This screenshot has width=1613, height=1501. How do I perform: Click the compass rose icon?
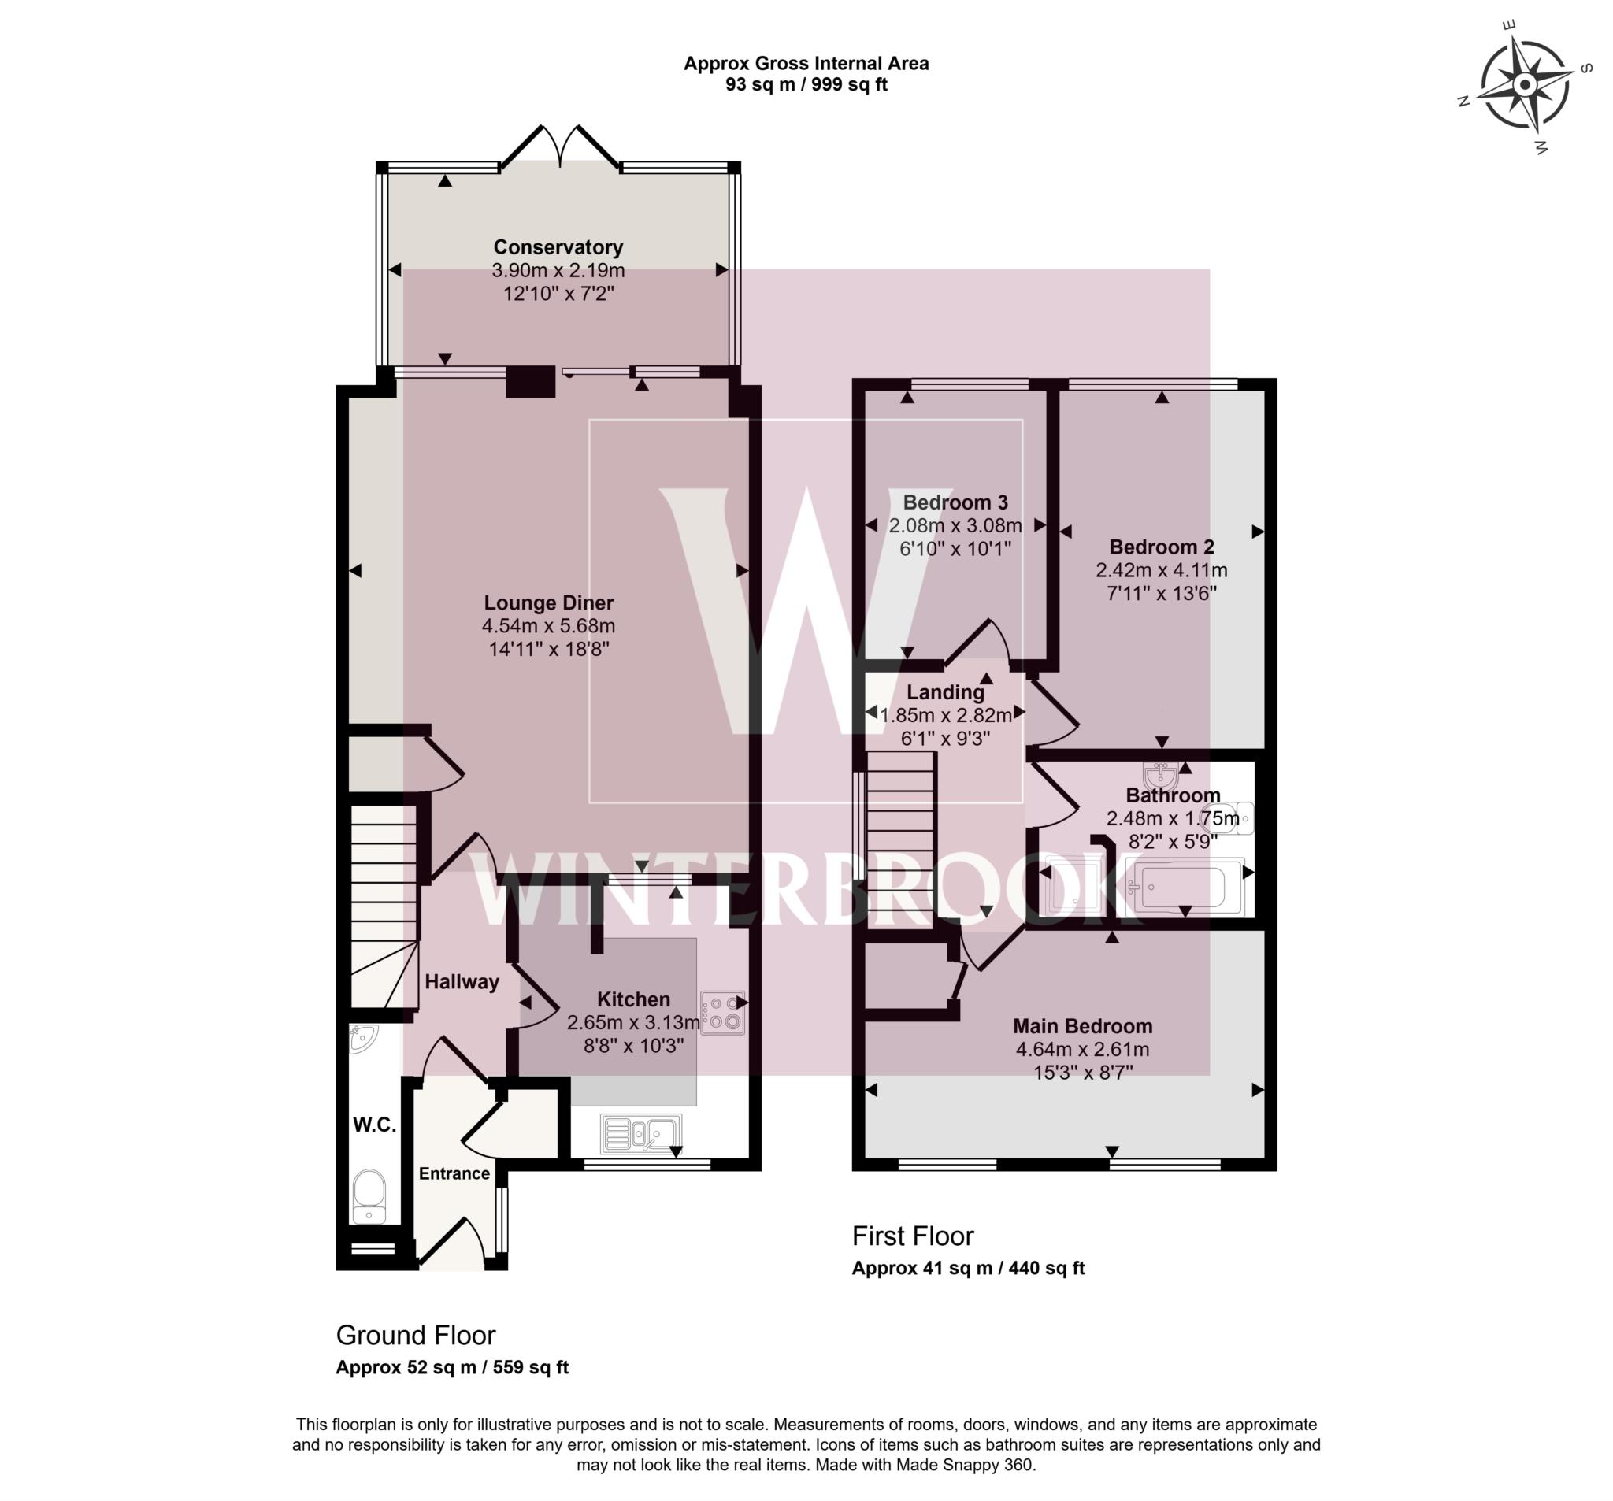point(1525,84)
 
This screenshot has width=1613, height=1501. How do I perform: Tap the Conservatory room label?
point(558,247)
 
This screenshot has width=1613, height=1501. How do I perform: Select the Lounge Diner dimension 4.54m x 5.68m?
point(548,625)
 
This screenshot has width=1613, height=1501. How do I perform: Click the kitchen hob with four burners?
point(722,1013)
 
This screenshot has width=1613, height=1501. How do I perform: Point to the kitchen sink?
point(641,1133)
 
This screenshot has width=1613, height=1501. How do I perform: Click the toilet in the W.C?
point(370,1196)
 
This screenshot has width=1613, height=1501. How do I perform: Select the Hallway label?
point(462,982)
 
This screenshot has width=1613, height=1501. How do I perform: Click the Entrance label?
point(454,1173)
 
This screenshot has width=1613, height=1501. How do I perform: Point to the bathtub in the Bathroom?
point(1183,887)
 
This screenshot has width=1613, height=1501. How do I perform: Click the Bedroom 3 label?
point(955,502)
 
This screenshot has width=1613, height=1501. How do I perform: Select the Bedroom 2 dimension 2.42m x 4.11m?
point(1161,569)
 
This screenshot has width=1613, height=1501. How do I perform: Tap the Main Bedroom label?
point(1082,1025)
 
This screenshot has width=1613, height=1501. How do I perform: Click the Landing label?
point(945,692)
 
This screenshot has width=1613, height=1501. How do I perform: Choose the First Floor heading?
point(912,1236)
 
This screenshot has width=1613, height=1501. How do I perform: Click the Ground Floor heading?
point(415,1335)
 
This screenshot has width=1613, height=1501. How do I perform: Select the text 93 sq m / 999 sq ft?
point(806,84)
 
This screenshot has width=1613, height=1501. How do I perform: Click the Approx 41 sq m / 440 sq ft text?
point(967,1268)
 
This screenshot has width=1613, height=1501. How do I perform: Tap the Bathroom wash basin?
point(1162,773)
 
